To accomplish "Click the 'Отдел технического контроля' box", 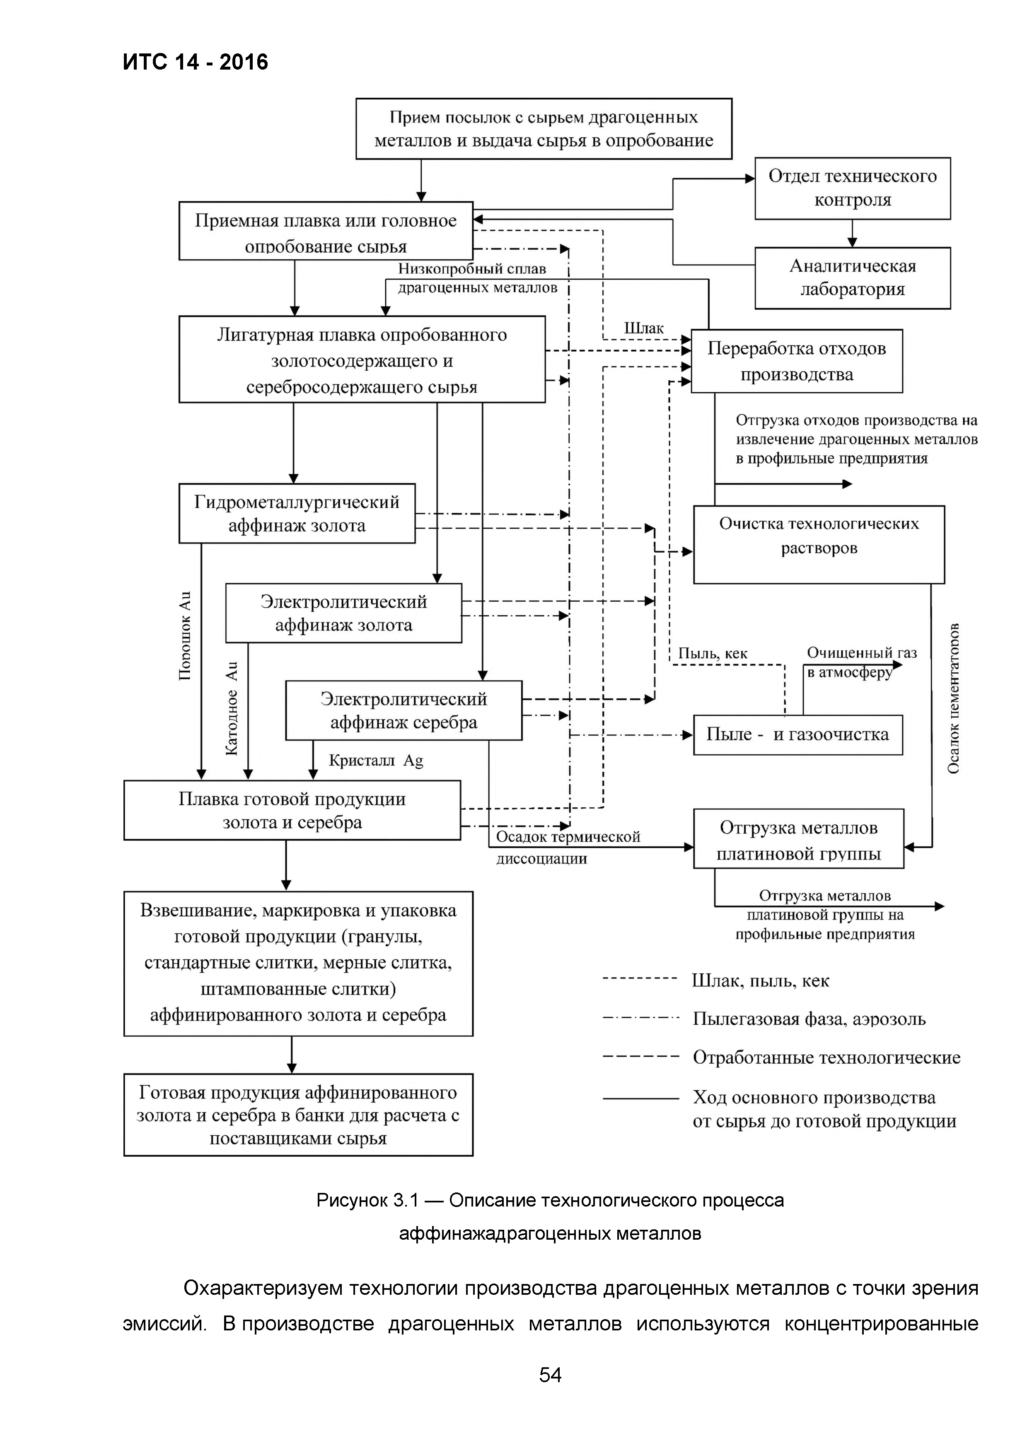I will pyautogui.click(x=852, y=188).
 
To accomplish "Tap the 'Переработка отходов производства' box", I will pyautogui.click(x=796, y=361).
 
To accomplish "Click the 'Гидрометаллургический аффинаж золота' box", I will pyautogui.click(x=297, y=513).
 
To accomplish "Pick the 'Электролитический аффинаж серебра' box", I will pyautogui.click(x=403, y=710).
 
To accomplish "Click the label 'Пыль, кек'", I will pyautogui.click(x=713, y=653).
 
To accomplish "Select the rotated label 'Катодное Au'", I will pyautogui.click(x=232, y=708).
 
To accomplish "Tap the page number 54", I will pyautogui.click(x=550, y=1375).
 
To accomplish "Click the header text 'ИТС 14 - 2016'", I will pyautogui.click(x=196, y=62).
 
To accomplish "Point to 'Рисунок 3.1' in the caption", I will pyautogui.click(x=367, y=1200).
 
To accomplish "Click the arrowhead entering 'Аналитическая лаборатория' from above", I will pyautogui.click(x=852, y=242).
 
